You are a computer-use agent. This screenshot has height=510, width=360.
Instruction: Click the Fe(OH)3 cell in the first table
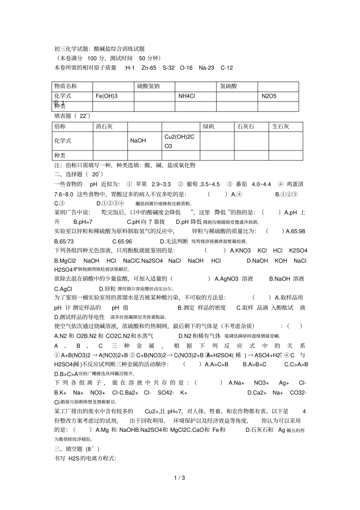click(106, 96)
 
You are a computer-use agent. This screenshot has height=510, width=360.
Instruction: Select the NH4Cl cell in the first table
click(187, 96)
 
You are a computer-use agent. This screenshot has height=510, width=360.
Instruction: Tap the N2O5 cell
click(269, 96)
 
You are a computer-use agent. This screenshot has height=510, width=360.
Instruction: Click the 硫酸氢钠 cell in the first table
click(148, 86)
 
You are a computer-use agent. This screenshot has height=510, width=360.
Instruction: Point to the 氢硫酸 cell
click(229, 86)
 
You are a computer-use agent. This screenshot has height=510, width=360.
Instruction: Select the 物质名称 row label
click(66, 86)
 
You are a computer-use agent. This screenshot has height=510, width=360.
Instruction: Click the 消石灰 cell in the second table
click(104, 127)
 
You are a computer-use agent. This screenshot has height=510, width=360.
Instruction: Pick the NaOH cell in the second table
click(138, 141)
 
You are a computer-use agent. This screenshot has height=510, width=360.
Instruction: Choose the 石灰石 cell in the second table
click(246, 127)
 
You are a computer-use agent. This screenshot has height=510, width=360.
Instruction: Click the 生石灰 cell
click(281, 127)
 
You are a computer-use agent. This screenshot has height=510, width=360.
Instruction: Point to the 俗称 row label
click(60, 127)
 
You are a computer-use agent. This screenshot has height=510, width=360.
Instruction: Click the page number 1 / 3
click(180, 478)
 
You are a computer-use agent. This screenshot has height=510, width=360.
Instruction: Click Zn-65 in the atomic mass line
click(149, 68)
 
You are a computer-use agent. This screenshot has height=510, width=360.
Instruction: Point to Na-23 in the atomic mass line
click(206, 68)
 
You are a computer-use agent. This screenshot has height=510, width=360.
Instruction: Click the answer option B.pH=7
click(83, 222)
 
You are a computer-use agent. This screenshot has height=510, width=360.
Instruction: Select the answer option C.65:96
click(122, 241)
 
